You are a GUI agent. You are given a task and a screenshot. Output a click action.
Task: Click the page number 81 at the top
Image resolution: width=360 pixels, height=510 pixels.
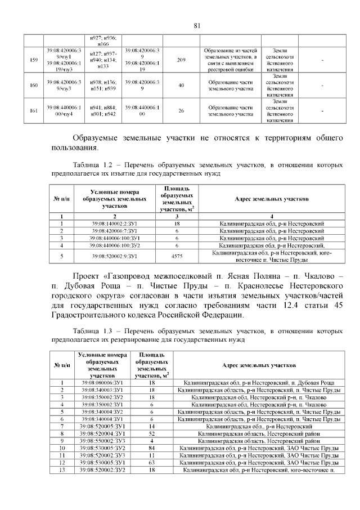[196, 25]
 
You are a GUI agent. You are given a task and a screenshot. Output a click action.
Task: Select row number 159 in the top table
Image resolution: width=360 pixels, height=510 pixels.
[33, 60]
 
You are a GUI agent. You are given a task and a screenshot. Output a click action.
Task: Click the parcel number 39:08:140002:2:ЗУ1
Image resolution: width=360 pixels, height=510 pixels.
[114, 224]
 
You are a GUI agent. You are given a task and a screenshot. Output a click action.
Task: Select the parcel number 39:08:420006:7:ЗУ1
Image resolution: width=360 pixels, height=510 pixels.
[114, 231]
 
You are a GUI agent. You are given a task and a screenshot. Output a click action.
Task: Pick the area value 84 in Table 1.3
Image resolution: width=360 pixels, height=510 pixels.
[152, 448]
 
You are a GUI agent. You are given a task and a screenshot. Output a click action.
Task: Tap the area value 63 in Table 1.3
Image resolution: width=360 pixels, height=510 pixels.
[152, 462]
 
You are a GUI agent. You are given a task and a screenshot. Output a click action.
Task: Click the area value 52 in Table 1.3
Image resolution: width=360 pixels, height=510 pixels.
[152, 433]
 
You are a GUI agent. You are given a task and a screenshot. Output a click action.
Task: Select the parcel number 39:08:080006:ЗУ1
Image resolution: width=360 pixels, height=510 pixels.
[102, 383]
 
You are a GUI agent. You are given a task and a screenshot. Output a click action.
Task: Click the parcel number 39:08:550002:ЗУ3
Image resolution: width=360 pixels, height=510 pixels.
[102, 441]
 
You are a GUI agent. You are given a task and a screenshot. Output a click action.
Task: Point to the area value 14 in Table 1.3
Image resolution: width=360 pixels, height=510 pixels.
[152, 426]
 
